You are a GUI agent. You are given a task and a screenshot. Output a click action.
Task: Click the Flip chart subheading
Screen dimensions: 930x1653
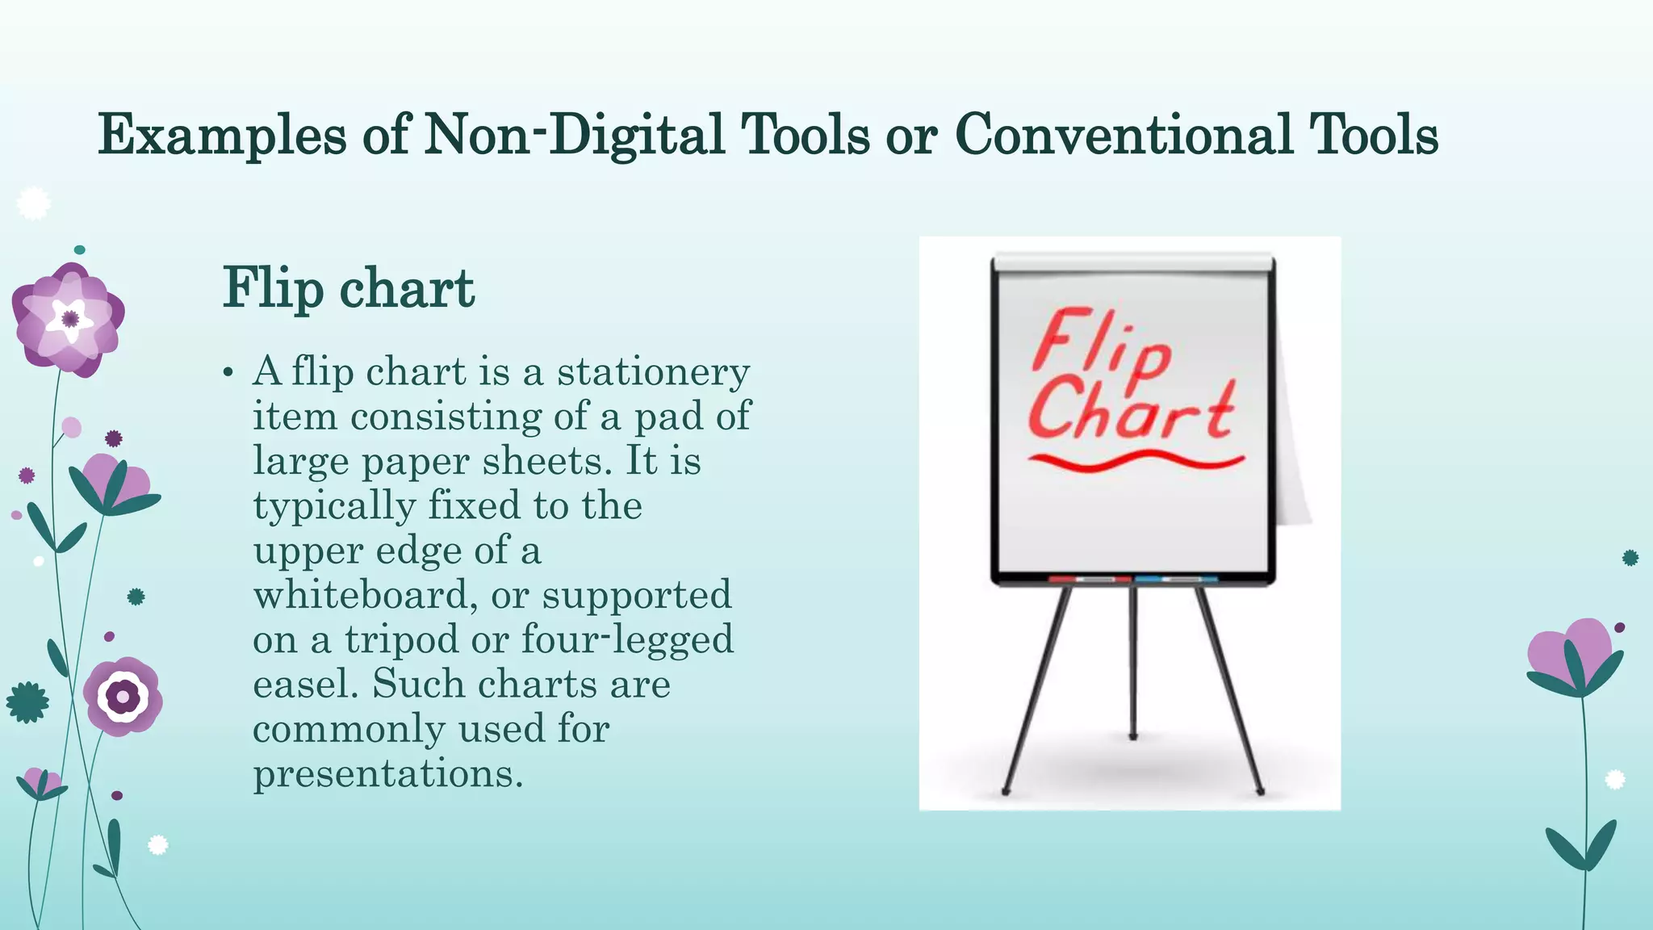[x=349, y=288]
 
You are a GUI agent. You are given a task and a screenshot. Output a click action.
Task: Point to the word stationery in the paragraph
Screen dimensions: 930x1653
[x=653, y=372]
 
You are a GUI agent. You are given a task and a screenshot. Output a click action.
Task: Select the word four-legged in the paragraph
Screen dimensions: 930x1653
[x=627, y=639]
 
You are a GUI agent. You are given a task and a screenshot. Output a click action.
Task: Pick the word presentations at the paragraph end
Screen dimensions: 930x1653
[x=388, y=773]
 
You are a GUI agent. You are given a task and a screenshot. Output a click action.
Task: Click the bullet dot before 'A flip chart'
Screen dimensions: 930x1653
[x=228, y=373]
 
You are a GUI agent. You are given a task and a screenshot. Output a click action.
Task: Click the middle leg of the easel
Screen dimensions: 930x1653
[x=1132, y=662]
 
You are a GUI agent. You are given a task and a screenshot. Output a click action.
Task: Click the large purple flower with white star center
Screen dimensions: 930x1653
[x=69, y=319]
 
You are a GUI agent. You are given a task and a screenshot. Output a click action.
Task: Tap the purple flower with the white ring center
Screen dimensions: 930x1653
[x=123, y=696]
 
